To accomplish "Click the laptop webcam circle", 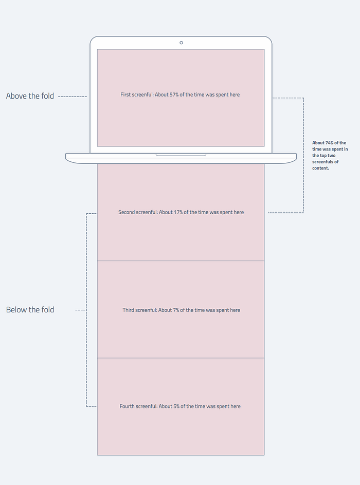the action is coord(181,43).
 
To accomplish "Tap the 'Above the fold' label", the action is coord(30,96).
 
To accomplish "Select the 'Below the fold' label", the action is coord(30,310).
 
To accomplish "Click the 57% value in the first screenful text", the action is coord(173,95).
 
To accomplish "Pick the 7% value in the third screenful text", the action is coord(176,310).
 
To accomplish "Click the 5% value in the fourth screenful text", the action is coord(176,406).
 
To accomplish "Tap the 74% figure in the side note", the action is coord(329,143).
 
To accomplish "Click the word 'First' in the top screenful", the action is coord(125,95).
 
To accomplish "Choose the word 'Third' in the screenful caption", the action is coord(128,310).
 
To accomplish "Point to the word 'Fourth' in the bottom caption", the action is coord(127,406).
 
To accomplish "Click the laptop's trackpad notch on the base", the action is coord(181,154).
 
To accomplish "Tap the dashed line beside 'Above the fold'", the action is coord(73,97).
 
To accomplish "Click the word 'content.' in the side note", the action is coord(320,168).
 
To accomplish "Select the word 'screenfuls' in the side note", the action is coord(322,162).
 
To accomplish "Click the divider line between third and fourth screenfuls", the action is coord(181,358).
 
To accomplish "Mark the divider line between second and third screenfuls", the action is coord(181,261).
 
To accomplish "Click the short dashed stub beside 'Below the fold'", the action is coord(80,310).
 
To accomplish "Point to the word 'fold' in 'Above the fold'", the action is coord(48,96).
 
